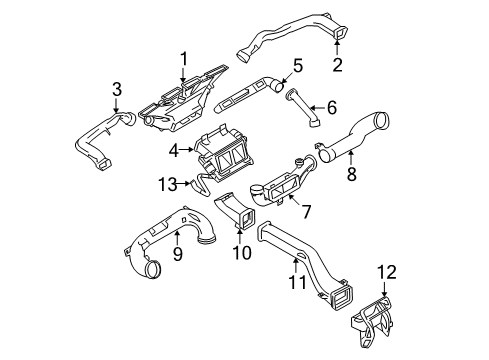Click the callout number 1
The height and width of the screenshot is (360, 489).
tap(184, 59)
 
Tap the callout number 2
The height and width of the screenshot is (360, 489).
tap(337, 65)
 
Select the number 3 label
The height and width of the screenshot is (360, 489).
tap(117, 89)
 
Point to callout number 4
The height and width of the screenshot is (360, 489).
tap(174, 151)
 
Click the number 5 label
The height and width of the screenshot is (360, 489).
tap(298, 66)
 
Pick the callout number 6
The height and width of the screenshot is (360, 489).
tap(331, 107)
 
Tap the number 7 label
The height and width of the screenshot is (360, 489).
tap(306, 211)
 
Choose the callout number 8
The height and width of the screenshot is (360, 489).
tap(352, 173)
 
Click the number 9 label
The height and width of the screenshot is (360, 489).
tap(177, 254)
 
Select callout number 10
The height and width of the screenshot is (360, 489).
tap(242, 252)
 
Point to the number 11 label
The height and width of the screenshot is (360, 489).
tap(297, 282)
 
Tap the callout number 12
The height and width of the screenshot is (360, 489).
tap(387, 272)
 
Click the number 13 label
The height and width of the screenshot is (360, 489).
tap(168, 184)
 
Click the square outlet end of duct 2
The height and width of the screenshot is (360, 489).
tap(340, 33)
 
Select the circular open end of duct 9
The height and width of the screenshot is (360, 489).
tap(153, 269)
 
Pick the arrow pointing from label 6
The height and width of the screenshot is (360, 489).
tap(317, 108)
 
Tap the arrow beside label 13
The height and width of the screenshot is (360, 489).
tap(185, 183)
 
